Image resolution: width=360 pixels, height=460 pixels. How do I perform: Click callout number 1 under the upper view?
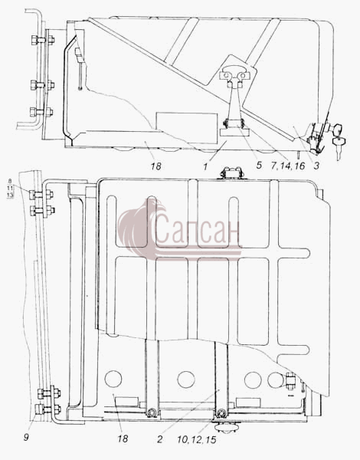[205, 166]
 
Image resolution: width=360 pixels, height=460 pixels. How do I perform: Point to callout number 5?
[259, 165]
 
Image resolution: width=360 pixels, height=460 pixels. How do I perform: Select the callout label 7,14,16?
[288, 166]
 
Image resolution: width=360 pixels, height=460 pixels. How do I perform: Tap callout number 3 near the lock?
[316, 166]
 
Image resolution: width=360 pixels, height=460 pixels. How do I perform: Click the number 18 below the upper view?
[156, 166]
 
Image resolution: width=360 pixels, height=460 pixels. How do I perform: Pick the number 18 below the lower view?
[123, 439]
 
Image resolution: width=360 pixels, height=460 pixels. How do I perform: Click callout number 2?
[160, 439]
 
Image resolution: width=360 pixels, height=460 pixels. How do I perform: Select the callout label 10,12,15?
[196, 439]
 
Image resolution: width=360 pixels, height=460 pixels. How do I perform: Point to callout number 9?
[26, 438]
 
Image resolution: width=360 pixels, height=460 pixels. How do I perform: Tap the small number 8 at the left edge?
[10, 181]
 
